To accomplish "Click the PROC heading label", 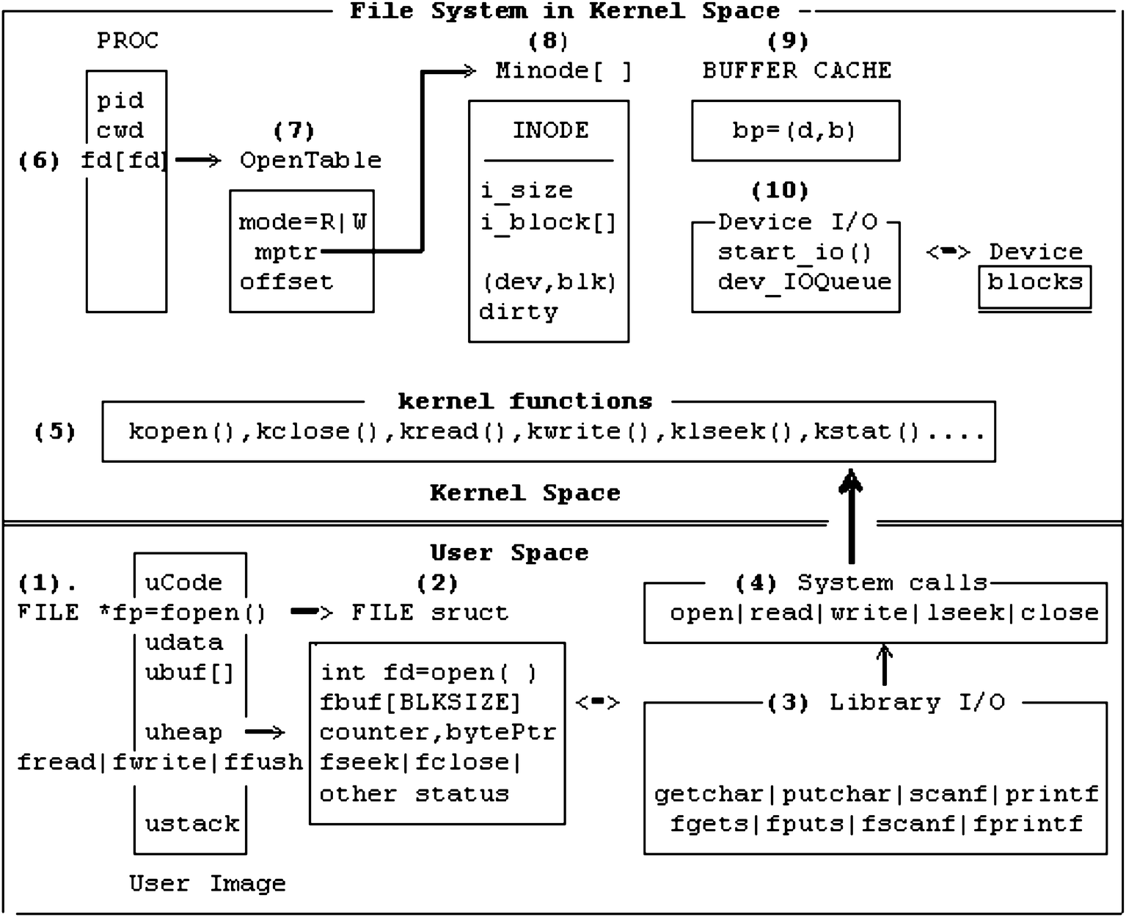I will [x=128, y=40].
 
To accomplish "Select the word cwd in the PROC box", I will [x=120, y=131].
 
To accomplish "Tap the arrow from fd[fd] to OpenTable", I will [x=197, y=160].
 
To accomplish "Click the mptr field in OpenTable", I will [x=285, y=252].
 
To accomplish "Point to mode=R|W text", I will [x=301, y=222].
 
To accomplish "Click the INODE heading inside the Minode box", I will [x=549, y=131].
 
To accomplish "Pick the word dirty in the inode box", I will [x=518, y=312].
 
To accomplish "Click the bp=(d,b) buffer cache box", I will [x=795, y=131].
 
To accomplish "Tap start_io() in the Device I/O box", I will [x=794, y=252].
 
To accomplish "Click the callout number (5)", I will [x=55, y=431].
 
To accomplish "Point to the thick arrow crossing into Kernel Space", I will [x=851, y=517].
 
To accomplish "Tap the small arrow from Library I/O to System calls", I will [x=885, y=665].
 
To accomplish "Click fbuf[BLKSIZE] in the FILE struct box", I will [x=420, y=702].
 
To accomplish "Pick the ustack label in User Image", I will [x=191, y=824].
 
